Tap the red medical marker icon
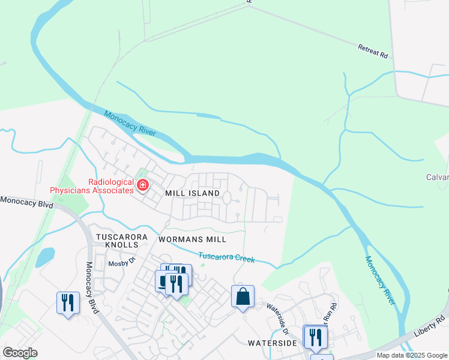[x=143, y=185]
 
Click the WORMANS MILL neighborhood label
[x=192, y=239]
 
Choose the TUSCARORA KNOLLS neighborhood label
[x=118, y=242]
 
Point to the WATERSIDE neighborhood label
[x=273, y=343]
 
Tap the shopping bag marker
[x=243, y=296]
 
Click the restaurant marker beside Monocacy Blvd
[x=68, y=302]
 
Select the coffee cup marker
[x=163, y=280]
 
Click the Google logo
[x=20, y=353]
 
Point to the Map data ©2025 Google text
[x=411, y=355]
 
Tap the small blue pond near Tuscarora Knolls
[x=44, y=257]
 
